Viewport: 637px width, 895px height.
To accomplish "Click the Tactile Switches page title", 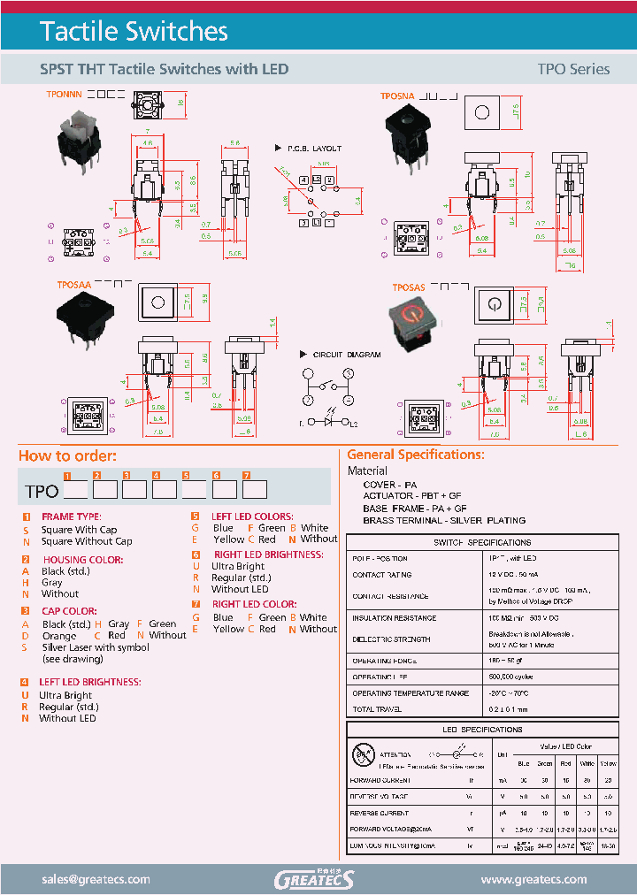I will point(134,32).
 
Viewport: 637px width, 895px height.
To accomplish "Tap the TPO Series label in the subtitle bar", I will point(573,69).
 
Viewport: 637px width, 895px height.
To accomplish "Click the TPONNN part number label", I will point(63,93).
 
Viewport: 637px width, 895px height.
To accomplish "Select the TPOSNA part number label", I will point(397,96).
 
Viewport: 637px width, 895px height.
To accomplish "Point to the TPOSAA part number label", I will point(74,287).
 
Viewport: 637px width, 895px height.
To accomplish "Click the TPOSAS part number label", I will point(409,288).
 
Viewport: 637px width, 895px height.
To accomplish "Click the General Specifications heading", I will point(416,455).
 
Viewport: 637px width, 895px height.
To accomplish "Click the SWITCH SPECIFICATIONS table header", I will point(482,542).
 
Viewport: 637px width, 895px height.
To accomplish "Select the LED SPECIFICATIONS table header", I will point(482,730).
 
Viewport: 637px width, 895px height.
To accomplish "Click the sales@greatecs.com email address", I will point(96,879).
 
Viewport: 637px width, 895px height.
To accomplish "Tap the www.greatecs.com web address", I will point(533,879).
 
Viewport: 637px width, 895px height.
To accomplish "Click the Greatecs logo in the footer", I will point(313,879).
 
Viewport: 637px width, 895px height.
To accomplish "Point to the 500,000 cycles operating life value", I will point(511,677).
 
